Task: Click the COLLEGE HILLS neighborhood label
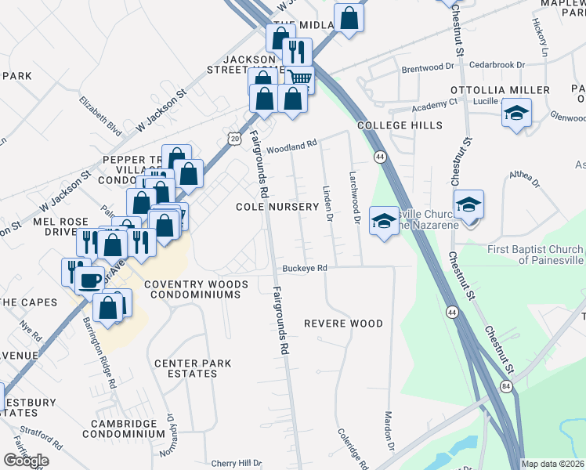click(x=400, y=125)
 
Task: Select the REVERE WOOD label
click(x=343, y=324)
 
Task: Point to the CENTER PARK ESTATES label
click(x=186, y=368)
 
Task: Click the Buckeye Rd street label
click(x=305, y=268)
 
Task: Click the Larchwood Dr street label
click(x=354, y=199)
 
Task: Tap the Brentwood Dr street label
click(x=428, y=69)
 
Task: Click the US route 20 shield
click(x=235, y=138)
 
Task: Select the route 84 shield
click(x=506, y=385)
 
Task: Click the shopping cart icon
click(x=299, y=78)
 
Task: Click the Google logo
click(x=25, y=461)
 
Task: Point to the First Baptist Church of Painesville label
click(x=536, y=255)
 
